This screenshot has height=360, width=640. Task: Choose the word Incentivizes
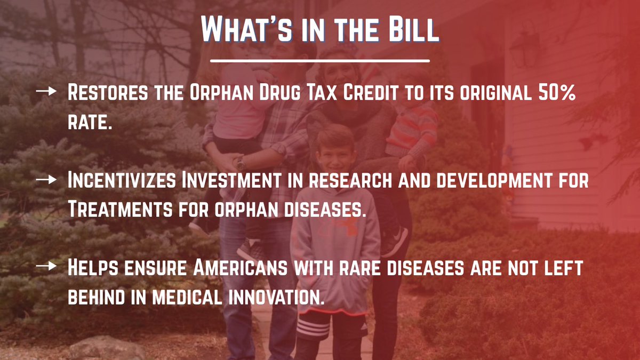pyautogui.click(x=121, y=181)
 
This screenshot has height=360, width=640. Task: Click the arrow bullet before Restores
pyautogui.click(x=46, y=92)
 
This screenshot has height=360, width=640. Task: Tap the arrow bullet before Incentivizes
pyautogui.click(x=46, y=181)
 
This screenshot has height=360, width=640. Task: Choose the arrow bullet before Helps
pyautogui.click(x=46, y=267)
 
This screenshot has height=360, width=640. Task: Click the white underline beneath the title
pyautogui.click(x=319, y=60)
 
